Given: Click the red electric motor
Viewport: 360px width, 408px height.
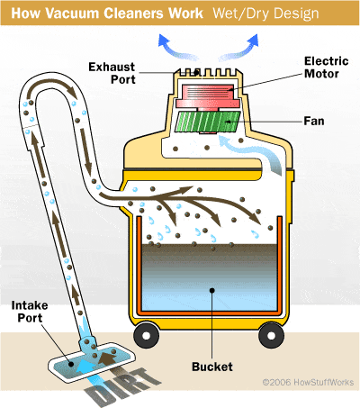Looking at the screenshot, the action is pyautogui.click(x=208, y=96).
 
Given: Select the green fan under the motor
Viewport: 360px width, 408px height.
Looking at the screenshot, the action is pyautogui.click(x=208, y=122).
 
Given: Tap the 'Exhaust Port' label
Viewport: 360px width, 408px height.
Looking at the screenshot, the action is pyautogui.click(x=112, y=73).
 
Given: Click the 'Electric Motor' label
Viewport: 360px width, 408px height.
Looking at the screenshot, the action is pyautogui.click(x=327, y=68).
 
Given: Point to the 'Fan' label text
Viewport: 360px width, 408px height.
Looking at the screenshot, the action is pyautogui.click(x=314, y=121).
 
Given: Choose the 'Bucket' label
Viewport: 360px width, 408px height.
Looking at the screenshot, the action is pyautogui.click(x=212, y=367).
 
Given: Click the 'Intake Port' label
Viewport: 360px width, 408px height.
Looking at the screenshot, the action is pyautogui.click(x=30, y=312).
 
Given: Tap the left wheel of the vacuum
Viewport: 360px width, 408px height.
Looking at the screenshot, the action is pyautogui.click(x=147, y=335).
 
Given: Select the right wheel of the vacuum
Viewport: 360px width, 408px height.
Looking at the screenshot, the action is pyautogui.click(x=271, y=335).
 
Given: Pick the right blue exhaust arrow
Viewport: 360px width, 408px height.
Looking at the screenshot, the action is pyautogui.click(x=241, y=49).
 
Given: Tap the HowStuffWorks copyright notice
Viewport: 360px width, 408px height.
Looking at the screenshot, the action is pyautogui.click(x=308, y=382).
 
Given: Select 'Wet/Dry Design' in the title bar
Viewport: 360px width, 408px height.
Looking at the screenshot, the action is pyautogui.click(x=265, y=14).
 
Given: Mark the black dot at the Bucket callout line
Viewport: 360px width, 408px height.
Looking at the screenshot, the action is pyautogui.click(x=212, y=290).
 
